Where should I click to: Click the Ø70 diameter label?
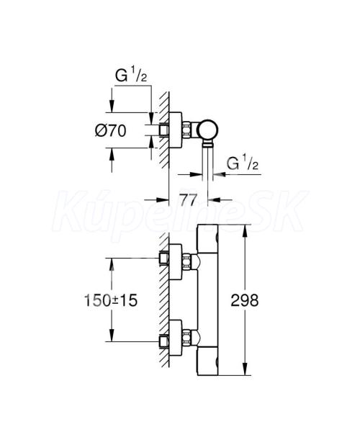coord(110,130)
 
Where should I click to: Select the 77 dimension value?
coord(188,199)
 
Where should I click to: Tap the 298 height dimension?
coord(245,300)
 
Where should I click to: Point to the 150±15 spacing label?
coord(110,300)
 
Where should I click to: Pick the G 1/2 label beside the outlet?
coord(243,163)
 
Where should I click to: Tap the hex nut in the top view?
coord(186,130)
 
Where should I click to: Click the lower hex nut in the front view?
coord(186,337)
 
